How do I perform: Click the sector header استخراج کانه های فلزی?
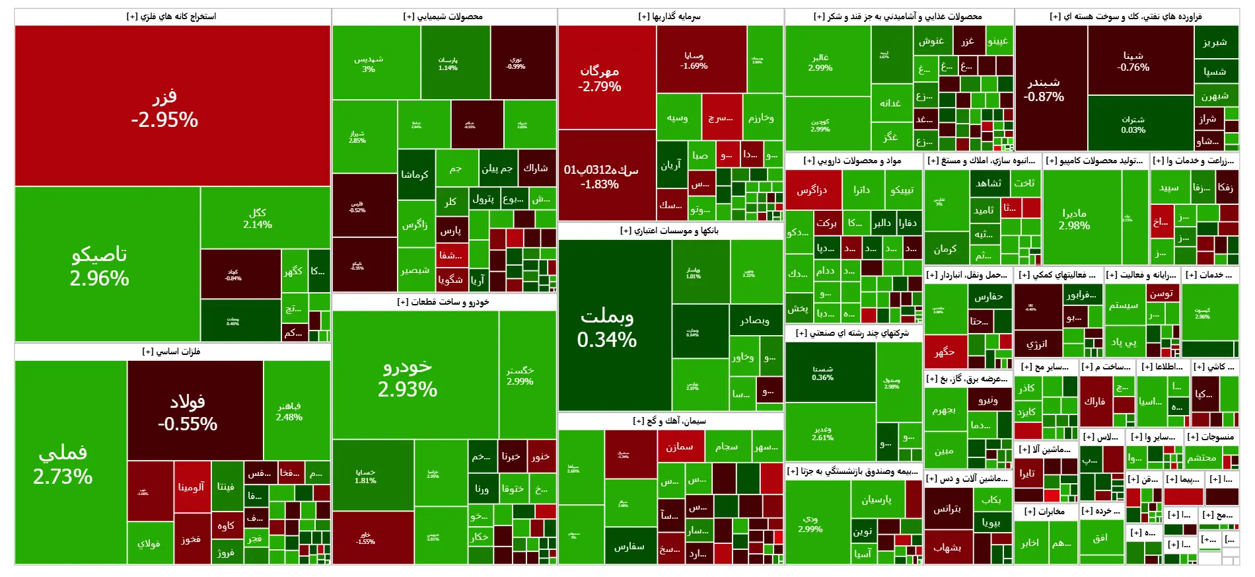coord(172,17)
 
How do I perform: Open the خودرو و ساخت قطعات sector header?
coord(443,302)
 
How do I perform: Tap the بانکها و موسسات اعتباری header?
coord(670,231)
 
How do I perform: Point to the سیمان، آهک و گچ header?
coord(670,421)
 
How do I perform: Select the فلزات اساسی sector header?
coord(172,352)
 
